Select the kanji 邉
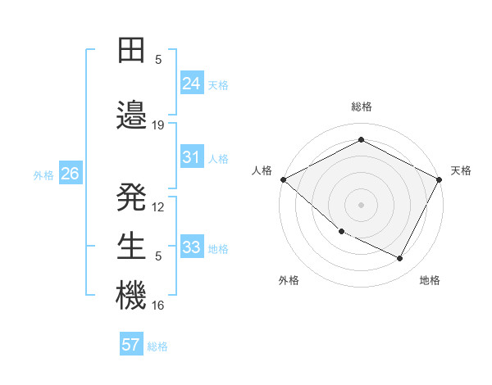pyautogui.click(x=131, y=115)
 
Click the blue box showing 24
pyautogui.click(x=192, y=83)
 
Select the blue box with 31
pyautogui.click(x=192, y=157)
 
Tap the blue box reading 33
pyautogui.click(x=192, y=247)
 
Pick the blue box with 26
pyautogui.click(x=70, y=174)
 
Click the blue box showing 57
pyautogui.click(x=131, y=345)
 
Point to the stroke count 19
pyautogui.click(x=158, y=125)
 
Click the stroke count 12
pyautogui.click(x=158, y=207)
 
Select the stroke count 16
pyautogui.click(x=158, y=306)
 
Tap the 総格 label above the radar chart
pyautogui.click(x=361, y=107)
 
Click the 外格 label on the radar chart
pyautogui.click(x=289, y=280)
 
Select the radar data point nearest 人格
pyautogui.click(x=283, y=179)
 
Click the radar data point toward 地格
pyautogui.click(x=400, y=259)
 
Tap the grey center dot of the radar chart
pyautogui.click(x=361, y=205)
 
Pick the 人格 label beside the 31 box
pyautogui.click(x=218, y=159)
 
